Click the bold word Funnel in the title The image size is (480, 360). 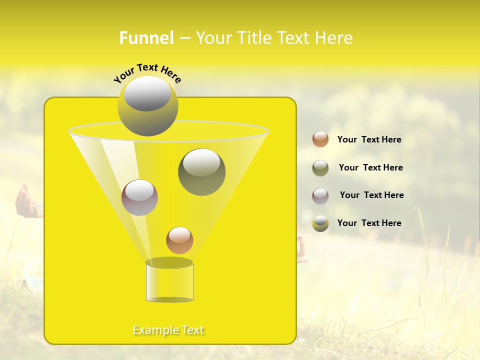click(146, 38)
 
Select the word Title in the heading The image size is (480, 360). click(254, 38)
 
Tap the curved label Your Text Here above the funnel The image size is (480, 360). click(147, 72)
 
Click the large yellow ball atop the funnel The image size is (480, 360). click(147, 105)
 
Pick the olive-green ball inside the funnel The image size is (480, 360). click(201, 171)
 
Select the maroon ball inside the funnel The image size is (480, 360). click(139, 197)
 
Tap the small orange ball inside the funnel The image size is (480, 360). click(179, 240)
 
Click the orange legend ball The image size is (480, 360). click(320, 139)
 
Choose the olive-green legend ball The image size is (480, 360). click(320, 168)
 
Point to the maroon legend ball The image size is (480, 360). click(320, 196)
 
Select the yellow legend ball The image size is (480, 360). click(320, 223)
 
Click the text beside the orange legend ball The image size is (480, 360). click(369, 139)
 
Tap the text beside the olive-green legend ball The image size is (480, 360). click(370, 167)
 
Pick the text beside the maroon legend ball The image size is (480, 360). click(371, 195)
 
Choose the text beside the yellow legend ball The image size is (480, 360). click(369, 223)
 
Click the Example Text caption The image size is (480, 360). click(168, 330)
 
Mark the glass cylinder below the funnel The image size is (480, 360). click(169, 282)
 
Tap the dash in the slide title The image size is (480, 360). click(184, 38)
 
